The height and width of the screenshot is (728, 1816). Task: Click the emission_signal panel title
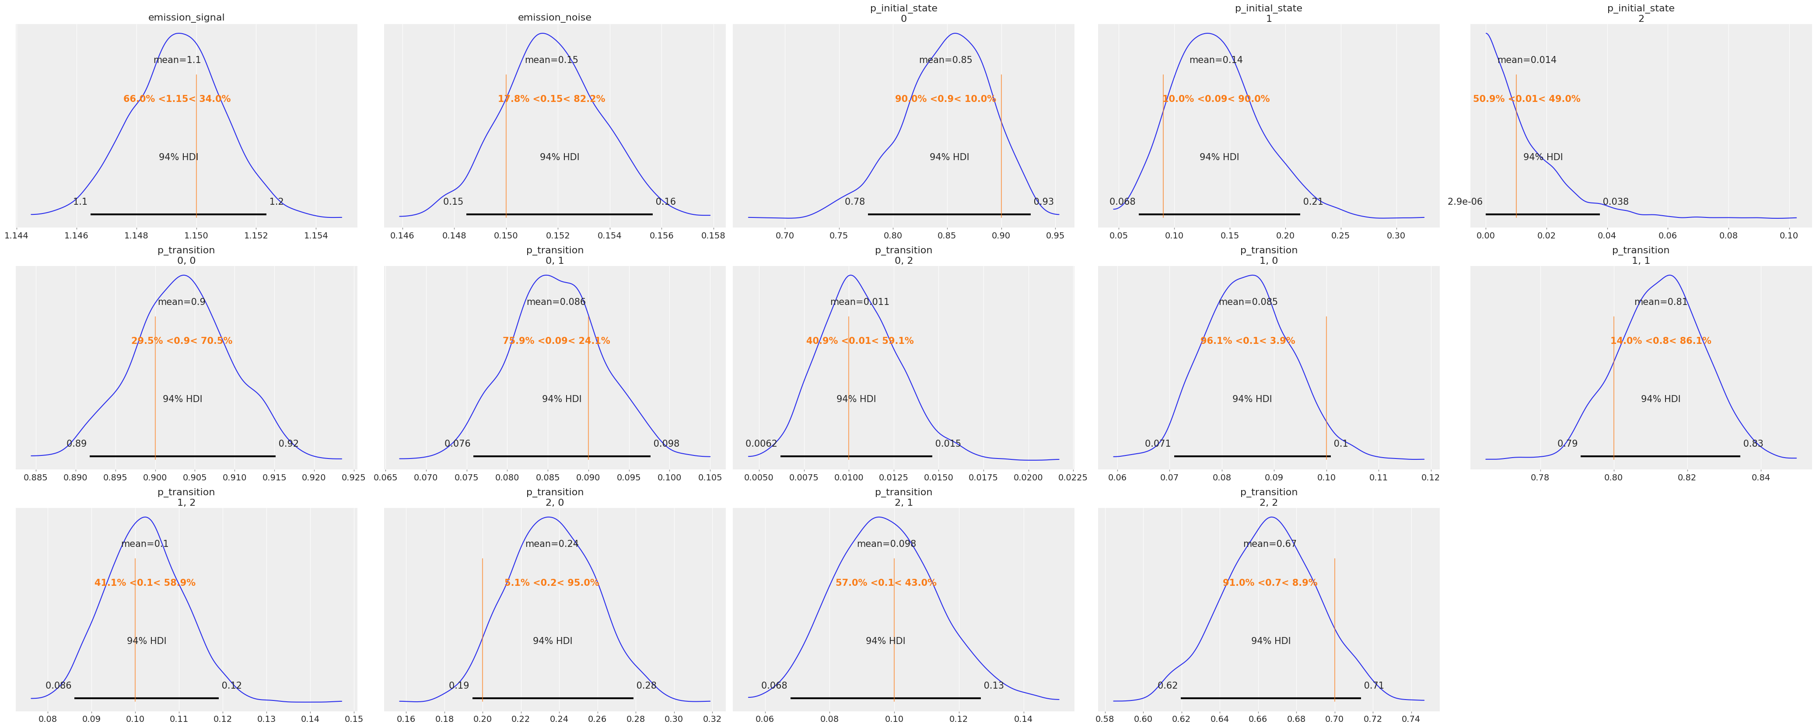[186, 17]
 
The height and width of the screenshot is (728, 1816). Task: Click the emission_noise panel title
[554, 17]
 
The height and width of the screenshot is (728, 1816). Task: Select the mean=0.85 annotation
[945, 60]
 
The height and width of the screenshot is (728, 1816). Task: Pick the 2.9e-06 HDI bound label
[1465, 202]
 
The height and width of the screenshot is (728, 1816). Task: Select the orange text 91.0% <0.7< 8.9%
[1270, 583]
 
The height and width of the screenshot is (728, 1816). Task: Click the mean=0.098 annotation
[886, 544]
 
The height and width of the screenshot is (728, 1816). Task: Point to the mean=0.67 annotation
[1270, 544]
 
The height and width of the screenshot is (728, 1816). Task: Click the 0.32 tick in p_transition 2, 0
[711, 720]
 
